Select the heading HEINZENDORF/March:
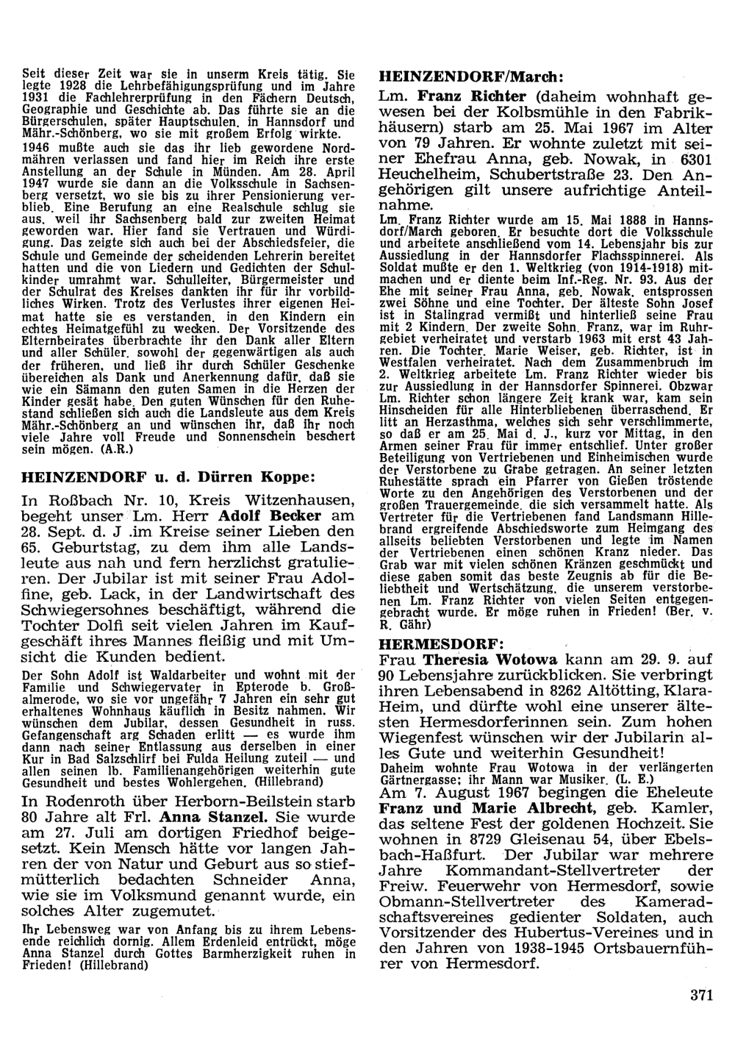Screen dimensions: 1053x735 click(470, 76)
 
